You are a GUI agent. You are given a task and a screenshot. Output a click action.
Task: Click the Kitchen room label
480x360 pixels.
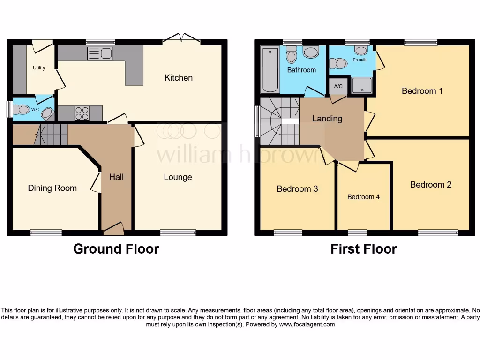coord(178,78)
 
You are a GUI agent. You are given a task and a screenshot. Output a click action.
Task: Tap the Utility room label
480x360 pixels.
coord(39,68)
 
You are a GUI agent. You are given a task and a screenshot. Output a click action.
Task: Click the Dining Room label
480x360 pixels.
coord(52,188)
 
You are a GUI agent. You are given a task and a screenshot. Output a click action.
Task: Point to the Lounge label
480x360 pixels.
coord(178,177)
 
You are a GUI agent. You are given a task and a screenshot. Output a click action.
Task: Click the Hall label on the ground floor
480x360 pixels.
coord(116,177)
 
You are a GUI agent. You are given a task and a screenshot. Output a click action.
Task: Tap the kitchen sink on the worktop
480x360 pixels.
coord(100,54)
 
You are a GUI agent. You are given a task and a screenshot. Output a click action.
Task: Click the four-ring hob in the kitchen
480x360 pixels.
coord(82,113)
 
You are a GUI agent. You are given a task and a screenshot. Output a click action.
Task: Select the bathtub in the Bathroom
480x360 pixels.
coord(270,69)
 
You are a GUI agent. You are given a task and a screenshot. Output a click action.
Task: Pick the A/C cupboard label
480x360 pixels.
coord(338,86)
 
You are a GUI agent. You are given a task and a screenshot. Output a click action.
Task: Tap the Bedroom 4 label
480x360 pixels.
coord(363,197)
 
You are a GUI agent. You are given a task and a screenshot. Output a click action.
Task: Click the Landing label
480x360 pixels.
coord(327,119)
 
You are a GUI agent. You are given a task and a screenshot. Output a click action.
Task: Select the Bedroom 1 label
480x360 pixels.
coord(422,91)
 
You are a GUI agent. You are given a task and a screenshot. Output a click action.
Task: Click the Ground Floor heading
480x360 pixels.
coord(116,249)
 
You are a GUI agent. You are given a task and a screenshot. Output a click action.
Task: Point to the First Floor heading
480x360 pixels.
coord(363,249)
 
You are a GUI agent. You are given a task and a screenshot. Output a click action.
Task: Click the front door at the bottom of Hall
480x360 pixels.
coord(113,229)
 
